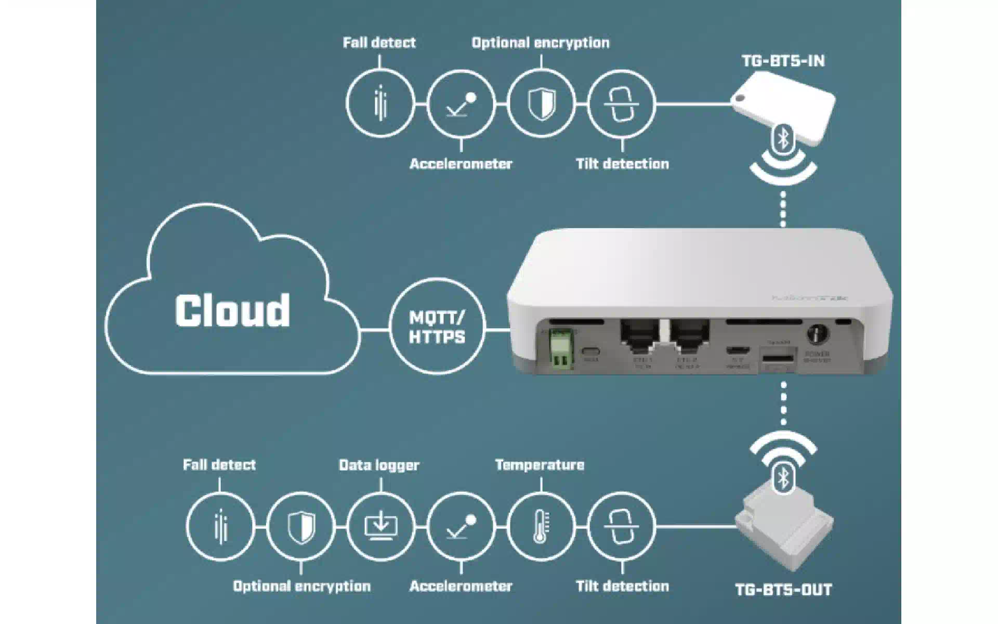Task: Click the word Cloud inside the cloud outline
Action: point(232,310)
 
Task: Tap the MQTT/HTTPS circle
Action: point(437,327)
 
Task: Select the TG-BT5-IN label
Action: point(783,61)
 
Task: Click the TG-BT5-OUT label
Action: point(783,590)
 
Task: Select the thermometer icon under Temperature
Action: point(541,526)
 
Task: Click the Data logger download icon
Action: point(380,526)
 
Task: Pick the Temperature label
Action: point(540,465)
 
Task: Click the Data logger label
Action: point(379,465)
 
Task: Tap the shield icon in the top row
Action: point(541,104)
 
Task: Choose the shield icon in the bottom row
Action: point(301,526)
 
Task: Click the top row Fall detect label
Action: point(379,43)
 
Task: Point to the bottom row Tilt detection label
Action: point(622,586)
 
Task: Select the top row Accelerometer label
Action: point(461,164)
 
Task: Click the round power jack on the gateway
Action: point(817,333)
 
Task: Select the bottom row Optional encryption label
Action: point(301,586)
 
